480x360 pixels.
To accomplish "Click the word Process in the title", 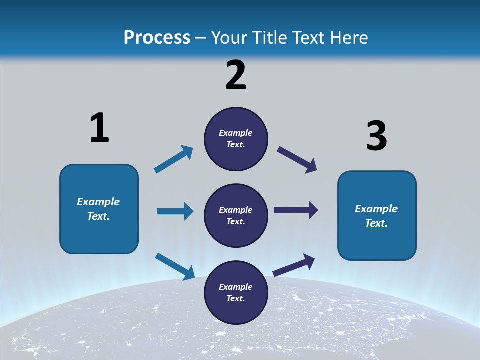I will [157, 37].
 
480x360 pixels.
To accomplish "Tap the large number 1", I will [99, 128].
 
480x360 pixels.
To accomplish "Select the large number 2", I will [236, 75].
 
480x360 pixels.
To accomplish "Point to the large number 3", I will [376, 136].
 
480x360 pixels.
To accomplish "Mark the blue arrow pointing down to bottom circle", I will [175, 266].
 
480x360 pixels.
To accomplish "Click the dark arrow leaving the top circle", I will [297, 160].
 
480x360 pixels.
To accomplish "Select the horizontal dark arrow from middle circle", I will [296, 210].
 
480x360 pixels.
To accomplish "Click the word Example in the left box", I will [98, 202].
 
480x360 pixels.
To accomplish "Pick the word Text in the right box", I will [376, 223].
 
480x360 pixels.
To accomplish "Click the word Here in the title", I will [348, 37].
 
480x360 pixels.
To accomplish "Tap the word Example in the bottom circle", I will [236, 287].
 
